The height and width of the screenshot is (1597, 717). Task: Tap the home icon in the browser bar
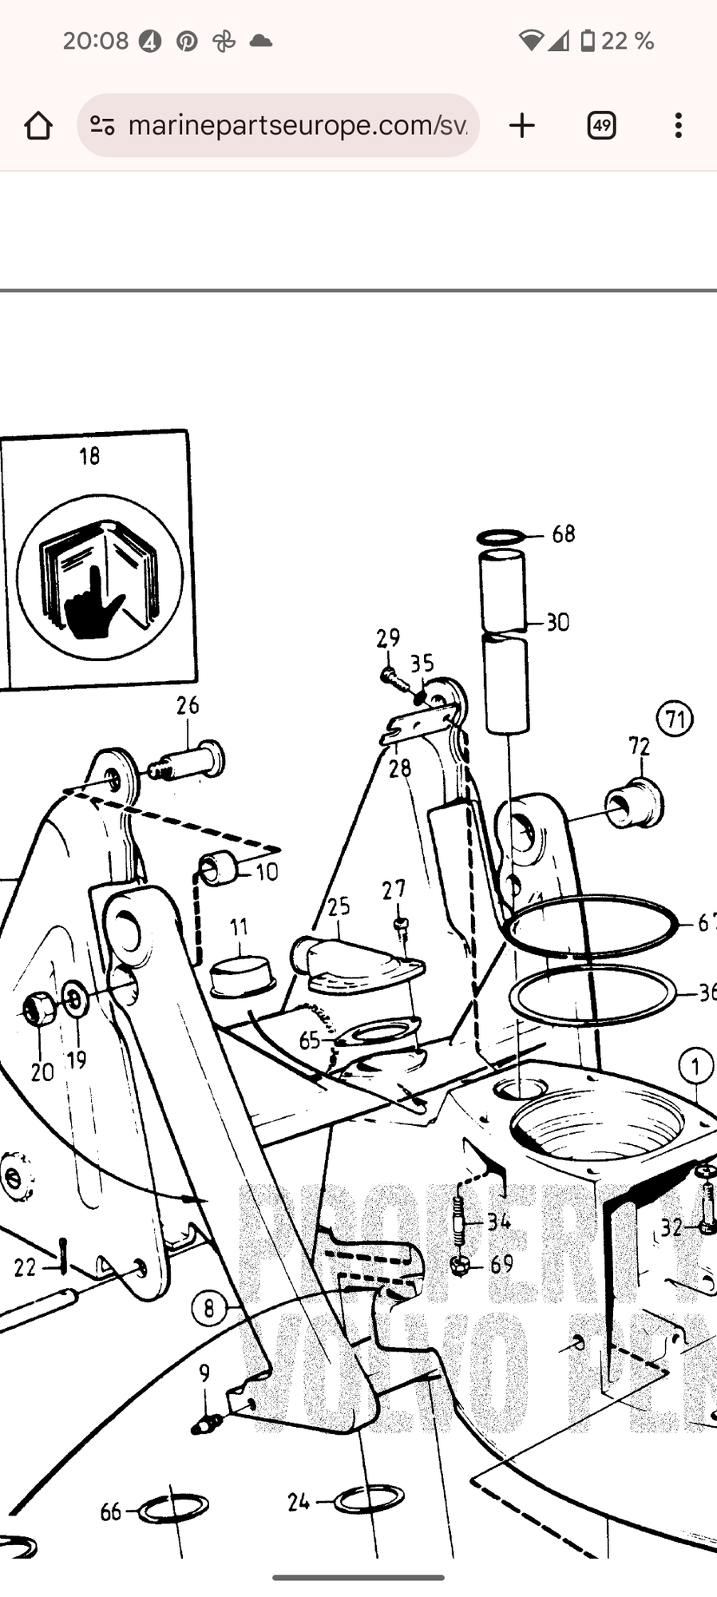click(38, 125)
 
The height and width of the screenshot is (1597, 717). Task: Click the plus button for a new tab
click(522, 125)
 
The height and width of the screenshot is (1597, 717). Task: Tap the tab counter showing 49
click(601, 125)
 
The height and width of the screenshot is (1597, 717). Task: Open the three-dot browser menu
click(678, 125)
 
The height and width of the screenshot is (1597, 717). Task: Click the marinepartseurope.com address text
click(297, 125)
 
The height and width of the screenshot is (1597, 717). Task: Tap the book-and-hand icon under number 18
click(100, 577)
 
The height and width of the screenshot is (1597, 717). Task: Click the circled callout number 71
click(675, 719)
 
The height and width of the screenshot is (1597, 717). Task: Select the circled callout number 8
click(209, 1309)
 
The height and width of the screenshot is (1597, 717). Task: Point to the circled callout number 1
click(695, 1066)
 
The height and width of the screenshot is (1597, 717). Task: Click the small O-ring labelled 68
click(501, 537)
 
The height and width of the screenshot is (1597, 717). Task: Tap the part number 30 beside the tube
click(558, 622)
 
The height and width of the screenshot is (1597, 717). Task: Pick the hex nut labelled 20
click(39, 1009)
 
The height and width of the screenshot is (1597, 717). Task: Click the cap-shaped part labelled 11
click(241, 976)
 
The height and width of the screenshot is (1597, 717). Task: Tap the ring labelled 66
click(173, 1508)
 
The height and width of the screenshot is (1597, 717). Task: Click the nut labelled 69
click(459, 1265)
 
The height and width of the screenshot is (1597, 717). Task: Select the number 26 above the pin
click(188, 706)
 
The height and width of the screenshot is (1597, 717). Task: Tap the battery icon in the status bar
click(587, 41)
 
